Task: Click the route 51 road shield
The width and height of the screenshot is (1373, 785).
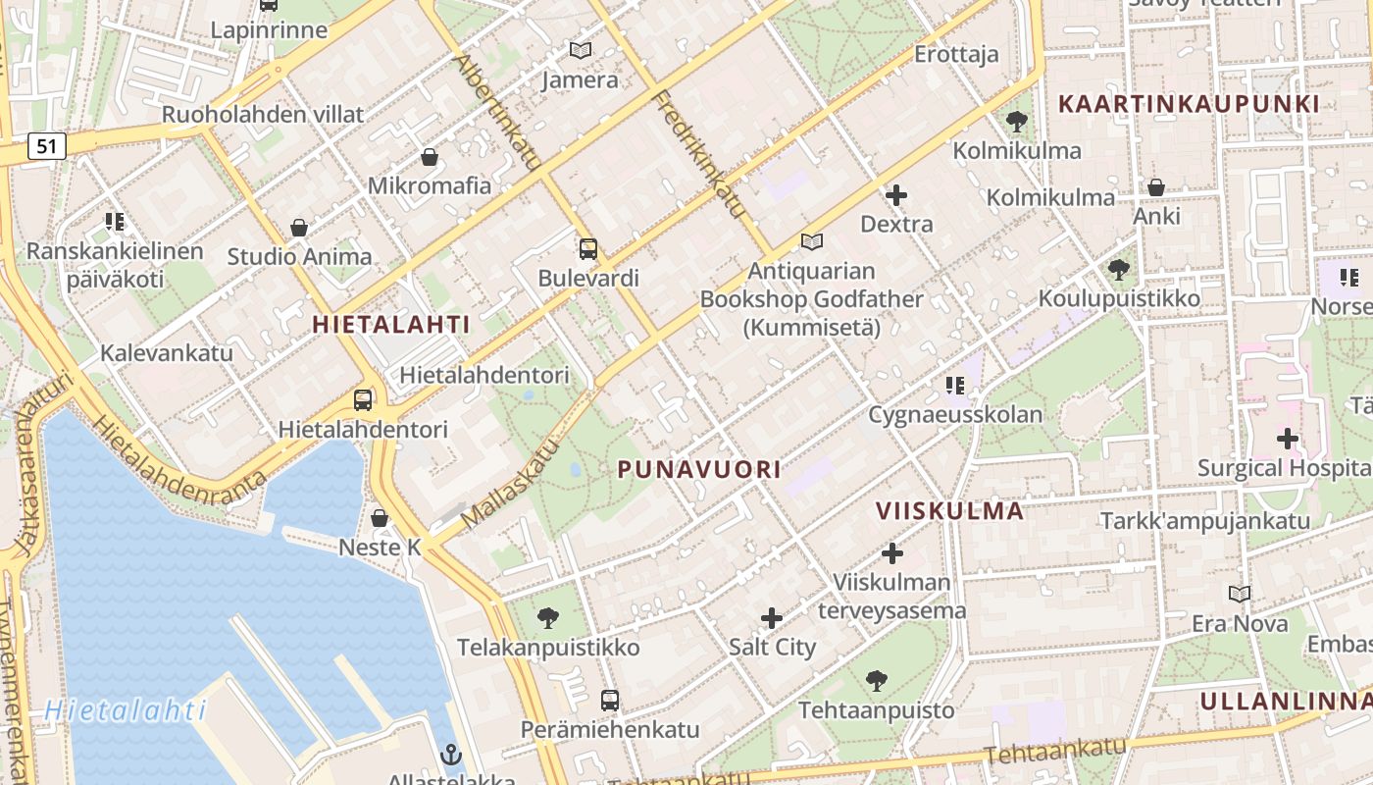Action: click(47, 147)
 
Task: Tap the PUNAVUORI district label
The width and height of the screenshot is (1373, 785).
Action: click(699, 470)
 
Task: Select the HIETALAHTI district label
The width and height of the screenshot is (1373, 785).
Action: click(391, 325)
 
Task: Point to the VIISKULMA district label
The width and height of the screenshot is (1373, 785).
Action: click(949, 510)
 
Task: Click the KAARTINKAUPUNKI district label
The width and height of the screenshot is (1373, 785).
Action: click(1189, 104)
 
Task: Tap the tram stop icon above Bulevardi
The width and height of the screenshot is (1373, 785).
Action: click(587, 248)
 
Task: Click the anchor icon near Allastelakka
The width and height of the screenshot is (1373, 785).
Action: click(450, 755)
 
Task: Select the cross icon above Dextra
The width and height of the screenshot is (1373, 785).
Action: click(895, 195)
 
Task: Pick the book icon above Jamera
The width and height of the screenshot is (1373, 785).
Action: click(581, 50)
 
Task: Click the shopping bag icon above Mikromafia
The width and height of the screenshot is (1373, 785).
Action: click(429, 157)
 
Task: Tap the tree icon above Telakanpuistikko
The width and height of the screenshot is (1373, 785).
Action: click(547, 618)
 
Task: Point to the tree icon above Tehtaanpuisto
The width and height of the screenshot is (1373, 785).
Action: click(876, 680)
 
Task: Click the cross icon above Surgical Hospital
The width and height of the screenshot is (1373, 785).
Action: click(1287, 439)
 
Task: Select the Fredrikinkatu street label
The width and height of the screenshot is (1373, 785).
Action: click(698, 155)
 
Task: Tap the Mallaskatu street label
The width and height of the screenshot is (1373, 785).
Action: click(509, 482)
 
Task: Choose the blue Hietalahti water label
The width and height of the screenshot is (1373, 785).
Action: click(126, 709)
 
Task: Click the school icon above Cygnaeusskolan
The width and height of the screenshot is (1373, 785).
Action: click(954, 386)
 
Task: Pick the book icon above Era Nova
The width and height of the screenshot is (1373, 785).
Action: click(1240, 594)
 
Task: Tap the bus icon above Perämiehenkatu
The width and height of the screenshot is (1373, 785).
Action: click(609, 700)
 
